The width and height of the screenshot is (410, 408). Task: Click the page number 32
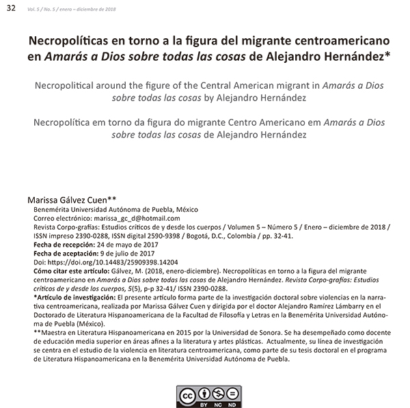coord(11,8)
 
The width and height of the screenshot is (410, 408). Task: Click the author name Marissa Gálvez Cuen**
coord(72,199)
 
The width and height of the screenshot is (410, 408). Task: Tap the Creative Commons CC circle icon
coord(186,394)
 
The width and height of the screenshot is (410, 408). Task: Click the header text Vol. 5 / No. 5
coord(43,8)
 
